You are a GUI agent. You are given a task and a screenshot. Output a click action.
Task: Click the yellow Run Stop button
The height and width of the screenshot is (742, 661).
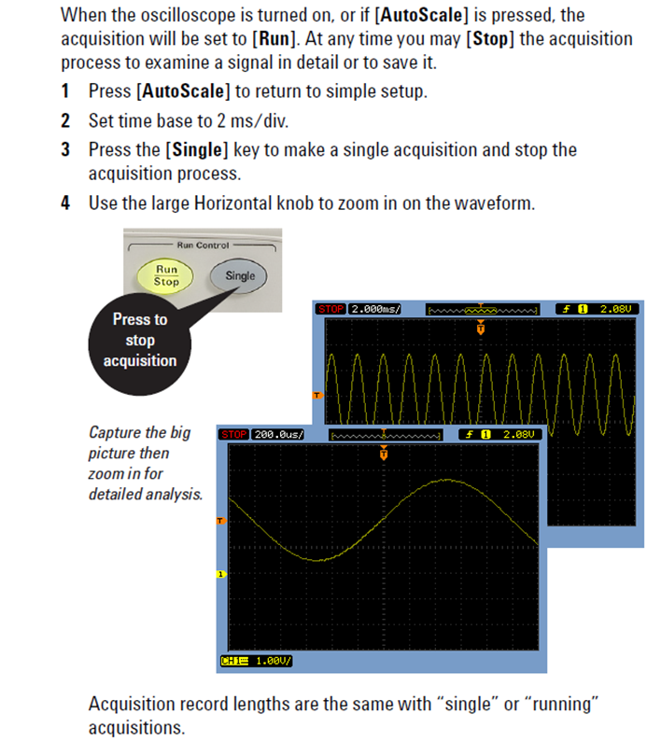[x=166, y=274]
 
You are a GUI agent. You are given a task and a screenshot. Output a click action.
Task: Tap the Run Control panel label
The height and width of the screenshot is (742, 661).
[x=199, y=245]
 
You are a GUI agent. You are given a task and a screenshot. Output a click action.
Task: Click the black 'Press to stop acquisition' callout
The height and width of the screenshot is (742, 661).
[x=140, y=340]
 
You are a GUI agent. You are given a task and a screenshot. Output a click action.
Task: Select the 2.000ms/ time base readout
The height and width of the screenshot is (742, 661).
[x=374, y=308]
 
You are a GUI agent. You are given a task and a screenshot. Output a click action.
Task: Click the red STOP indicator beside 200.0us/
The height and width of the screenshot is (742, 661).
[x=234, y=434]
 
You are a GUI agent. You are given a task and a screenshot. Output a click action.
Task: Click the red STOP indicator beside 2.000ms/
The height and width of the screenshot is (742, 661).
[x=331, y=308]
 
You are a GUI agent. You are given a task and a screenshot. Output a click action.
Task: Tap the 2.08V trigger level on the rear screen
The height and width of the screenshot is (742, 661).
[x=615, y=308]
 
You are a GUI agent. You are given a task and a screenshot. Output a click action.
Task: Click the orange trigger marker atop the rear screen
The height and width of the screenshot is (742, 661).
[x=481, y=327]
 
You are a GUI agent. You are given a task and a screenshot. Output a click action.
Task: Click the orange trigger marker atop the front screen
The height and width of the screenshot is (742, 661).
[x=384, y=454]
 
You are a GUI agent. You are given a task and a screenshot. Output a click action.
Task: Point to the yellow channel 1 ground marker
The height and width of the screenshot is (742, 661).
[x=221, y=574]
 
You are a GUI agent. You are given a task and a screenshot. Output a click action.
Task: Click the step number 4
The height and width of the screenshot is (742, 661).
[x=66, y=203]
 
